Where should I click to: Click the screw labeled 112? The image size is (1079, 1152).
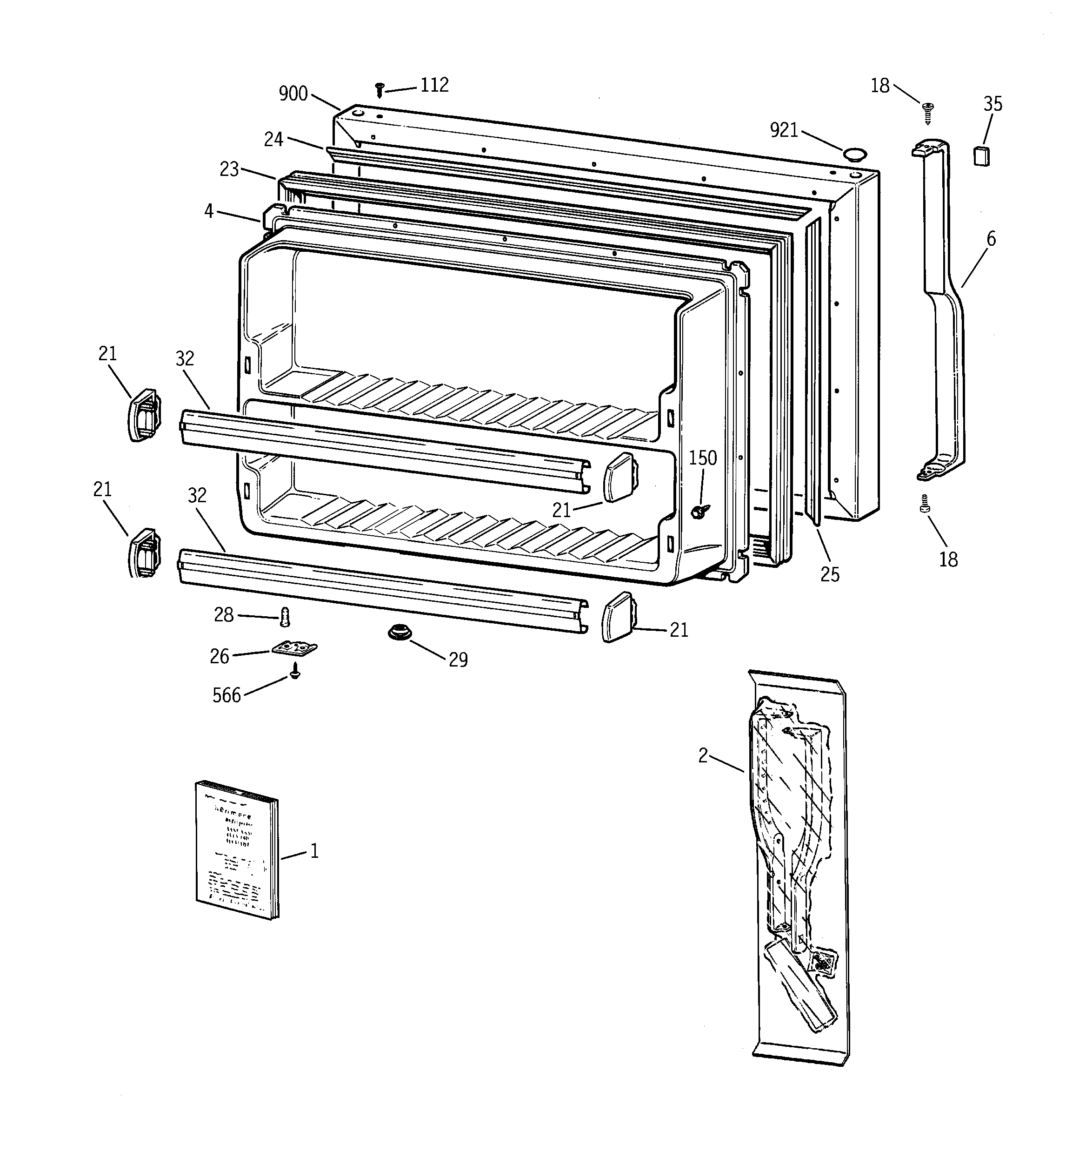click(380, 90)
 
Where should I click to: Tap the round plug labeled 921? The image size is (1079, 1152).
click(854, 154)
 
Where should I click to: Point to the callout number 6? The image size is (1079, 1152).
click(991, 239)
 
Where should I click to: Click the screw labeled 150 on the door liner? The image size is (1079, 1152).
click(702, 511)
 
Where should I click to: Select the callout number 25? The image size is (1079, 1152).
click(829, 574)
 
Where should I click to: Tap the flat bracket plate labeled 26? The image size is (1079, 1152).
click(295, 648)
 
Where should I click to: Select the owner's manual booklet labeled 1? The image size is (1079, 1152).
click(236, 849)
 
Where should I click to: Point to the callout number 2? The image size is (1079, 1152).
click(703, 755)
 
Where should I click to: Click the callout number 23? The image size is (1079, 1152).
click(229, 169)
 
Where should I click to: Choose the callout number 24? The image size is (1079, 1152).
click(273, 140)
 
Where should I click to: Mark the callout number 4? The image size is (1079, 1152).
click(208, 211)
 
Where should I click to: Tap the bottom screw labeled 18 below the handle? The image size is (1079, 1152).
click(925, 504)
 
